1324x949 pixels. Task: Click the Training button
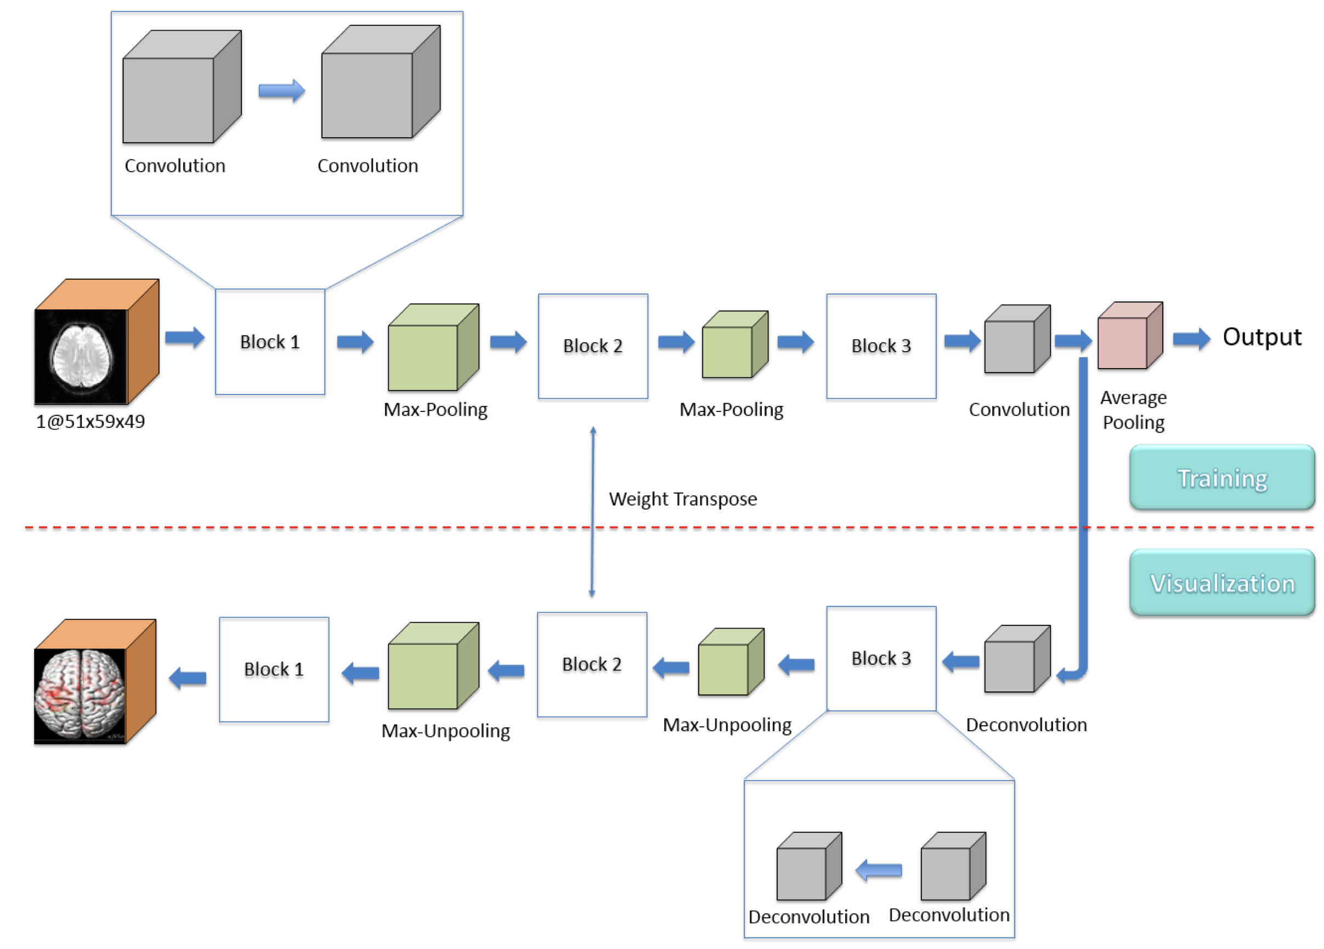tap(1221, 478)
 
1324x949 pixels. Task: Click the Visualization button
tap(1221, 582)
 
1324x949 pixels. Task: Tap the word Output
tap(1261, 337)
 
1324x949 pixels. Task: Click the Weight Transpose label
tap(682, 499)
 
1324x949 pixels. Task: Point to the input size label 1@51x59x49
tap(90, 421)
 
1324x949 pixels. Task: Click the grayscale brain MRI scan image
tap(81, 356)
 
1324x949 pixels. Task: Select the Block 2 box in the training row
tap(592, 346)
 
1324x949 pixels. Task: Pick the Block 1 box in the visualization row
tap(274, 669)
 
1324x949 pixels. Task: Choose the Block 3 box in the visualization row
tap(881, 658)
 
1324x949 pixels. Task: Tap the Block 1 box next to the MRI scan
tap(270, 342)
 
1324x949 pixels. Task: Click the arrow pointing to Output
tap(1191, 338)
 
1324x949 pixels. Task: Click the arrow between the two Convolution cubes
tap(281, 91)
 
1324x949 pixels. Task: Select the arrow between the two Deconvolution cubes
tap(879, 870)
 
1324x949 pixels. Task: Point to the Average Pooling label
tap(1133, 410)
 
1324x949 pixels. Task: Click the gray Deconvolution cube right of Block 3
tap(1016, 660)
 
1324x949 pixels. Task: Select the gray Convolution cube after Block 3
tap(1016, 340)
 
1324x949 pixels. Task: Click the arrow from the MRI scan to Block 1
tap(184, 337)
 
